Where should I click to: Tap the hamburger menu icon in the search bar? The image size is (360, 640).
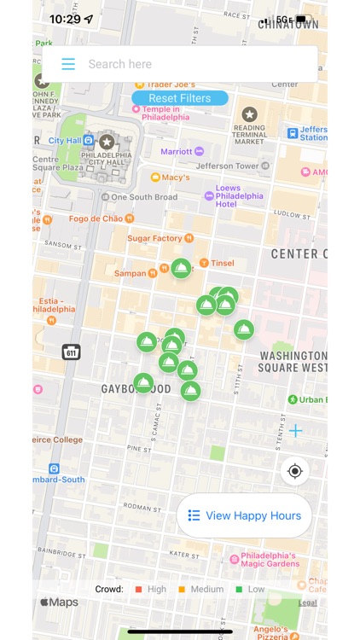pyautogui.click(x=68, y=64)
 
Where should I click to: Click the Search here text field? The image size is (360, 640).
pyautogui.click(x=196, y=64)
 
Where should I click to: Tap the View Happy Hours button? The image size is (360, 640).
pyautogui.click(x=244, y=515)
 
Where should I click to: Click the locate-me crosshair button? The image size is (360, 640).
pyautogui.click(x=295, y=471)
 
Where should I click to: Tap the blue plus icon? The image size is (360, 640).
pyautogui.click(x=295, y=431)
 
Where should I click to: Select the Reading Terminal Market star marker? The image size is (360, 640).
pyautogui.click(x=249, y=114)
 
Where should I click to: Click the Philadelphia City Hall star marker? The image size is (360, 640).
pyautogui.click(x=107, y=142)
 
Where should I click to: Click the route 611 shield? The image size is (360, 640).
pyautogui.click(x=71, y=352)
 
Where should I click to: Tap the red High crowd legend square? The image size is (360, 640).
pyautogui.click(x=138, y=589)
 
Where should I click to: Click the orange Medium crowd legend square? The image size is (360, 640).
pyautogui.click(x=182, y=589)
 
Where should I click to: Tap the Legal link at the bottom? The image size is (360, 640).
pyautogui.click(x=308, y=602)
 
